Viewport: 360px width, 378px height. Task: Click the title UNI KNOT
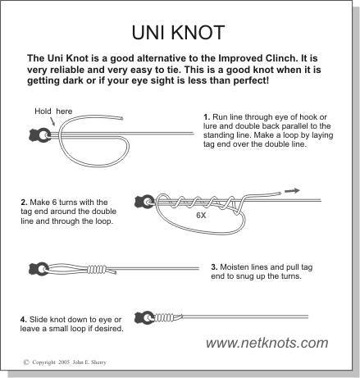(178, 33)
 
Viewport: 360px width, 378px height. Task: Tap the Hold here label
(53, 112)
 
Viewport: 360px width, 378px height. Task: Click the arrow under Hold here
(52, 121)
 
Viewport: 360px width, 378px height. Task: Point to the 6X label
(201, 216)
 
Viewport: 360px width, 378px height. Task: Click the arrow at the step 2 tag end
(292, 191)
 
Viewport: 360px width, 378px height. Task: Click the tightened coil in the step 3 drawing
(96, 270)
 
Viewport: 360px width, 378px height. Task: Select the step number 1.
(207, 117)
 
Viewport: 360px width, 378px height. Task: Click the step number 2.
(24, 203)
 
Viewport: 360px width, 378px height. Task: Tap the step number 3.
(214, 267)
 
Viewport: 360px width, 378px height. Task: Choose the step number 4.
(24, 319)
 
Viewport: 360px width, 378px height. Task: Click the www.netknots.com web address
(267, 343)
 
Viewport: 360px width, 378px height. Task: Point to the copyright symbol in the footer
(26, 362)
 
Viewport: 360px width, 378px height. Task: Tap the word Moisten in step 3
(234, 267)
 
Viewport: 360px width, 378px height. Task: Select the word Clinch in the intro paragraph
(280, 58)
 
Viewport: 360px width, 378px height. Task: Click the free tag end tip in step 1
(121, 118)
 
